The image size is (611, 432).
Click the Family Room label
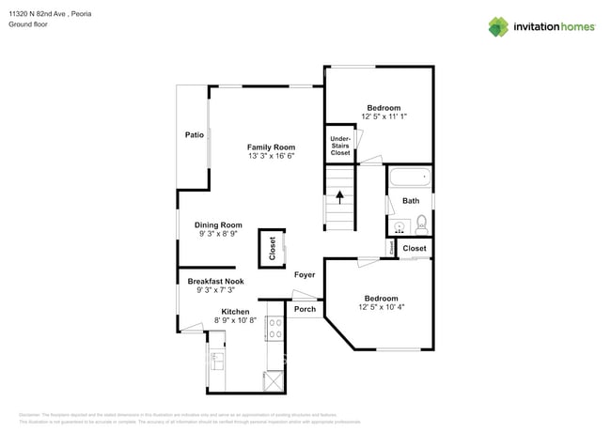click(x=271, y=147)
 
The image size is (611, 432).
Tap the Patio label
click(x=194, y=135)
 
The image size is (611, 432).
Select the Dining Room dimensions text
click(x=219, y=234)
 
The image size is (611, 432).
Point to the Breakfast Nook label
click(x=215, y=281)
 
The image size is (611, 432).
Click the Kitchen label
click(x=235, y=311)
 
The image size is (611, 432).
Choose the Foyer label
click(x=304, y=275)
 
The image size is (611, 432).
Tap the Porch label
click(x=305, y=309)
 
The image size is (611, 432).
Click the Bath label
click(x=411, y=201)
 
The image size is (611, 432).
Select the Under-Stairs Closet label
click(x=339, y=146)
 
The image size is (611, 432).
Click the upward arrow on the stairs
click(x=340, y=197)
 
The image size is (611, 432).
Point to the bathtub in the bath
click(x=409, y=176)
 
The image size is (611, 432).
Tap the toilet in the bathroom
click(x=421, y=224)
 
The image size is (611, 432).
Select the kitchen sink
click(x=217, y=358)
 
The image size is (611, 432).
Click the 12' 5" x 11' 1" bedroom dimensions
click(x=383, y=116)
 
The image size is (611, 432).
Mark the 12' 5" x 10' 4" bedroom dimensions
click(x=381, y=307)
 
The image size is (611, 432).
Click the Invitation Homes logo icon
click(x=499, y=26)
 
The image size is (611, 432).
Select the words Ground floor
click(x=28, y=25)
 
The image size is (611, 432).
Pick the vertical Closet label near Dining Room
click(x=273, y=248)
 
